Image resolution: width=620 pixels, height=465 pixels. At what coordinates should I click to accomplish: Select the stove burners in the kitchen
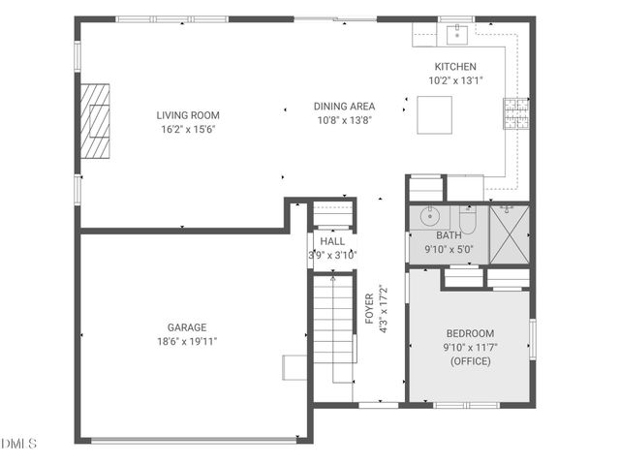point(514,113)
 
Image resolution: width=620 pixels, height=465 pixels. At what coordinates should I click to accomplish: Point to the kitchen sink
point(454,35)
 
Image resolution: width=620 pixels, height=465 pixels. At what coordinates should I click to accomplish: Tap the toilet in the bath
point(467,221)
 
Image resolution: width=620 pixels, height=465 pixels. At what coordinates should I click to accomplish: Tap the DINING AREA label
point(344,107)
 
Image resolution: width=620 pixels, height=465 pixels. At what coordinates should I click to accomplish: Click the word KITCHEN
point(454,67)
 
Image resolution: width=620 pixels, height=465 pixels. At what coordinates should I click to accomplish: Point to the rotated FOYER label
point(369,311)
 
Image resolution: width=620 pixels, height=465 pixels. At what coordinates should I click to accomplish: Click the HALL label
point(332,241)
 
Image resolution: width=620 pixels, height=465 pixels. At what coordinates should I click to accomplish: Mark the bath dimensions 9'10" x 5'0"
point(449,249)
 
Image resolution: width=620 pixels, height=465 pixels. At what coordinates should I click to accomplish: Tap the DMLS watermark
point(19,444)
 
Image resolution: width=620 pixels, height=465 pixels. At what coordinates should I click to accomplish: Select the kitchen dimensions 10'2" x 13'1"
point(454,81)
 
